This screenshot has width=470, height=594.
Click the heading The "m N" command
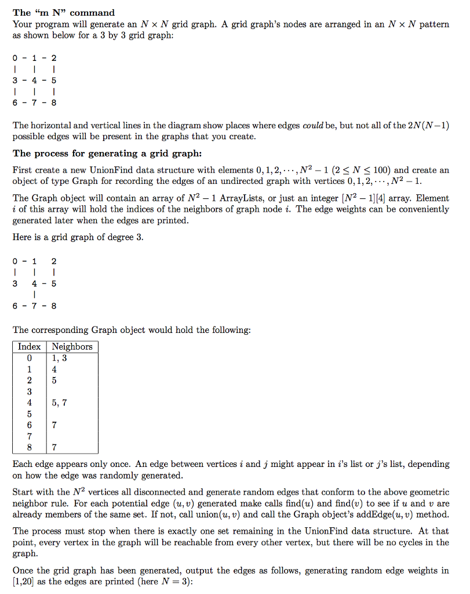pyautogui.click(x=64, y=12)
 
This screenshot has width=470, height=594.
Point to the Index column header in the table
pyautogui.click(x=29, y=346)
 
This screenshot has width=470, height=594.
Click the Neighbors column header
pyautogui.click(x=72, y=346)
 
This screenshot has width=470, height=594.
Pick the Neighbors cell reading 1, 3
pyautogui.click(x=59, y=358)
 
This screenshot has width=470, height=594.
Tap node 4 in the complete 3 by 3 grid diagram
pyautogui.click(x=35, y=81)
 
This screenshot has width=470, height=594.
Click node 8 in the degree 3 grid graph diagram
pyautogui.click(x=54, y=306)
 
